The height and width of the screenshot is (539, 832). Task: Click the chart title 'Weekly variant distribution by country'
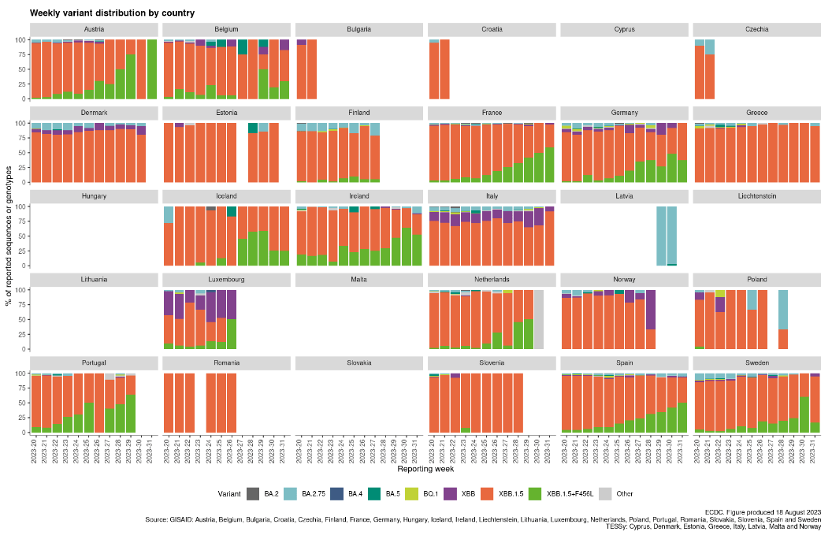(113, 13)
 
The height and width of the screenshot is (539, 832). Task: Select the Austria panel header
(95, 29)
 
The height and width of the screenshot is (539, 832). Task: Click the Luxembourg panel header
(227, 280)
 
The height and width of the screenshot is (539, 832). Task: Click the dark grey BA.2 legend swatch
(253, 494)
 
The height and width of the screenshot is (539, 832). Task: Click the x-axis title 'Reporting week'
(425, 469)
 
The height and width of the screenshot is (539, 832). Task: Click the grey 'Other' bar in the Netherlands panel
(539, 319)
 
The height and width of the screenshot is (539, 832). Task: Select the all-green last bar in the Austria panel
(152, 69)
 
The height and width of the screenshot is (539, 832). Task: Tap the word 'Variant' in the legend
(230, 494)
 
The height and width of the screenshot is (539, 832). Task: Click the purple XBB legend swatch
(457, 494)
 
